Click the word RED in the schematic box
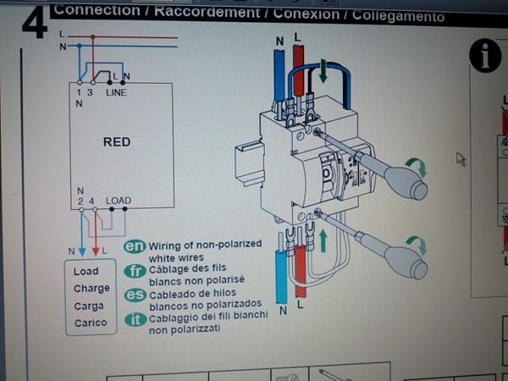(117, 141)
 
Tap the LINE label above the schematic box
(116, 92)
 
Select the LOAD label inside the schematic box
(118, 201)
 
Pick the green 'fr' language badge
(135, 270)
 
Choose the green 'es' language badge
(135, 295)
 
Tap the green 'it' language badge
(135, 319)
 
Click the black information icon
(486, 56)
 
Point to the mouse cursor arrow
(461, 158)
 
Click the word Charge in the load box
(91, 289)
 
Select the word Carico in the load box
(91, 323)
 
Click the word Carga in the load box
(90, 306)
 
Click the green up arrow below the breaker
(322, 240)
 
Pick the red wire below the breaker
(300, 271)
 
